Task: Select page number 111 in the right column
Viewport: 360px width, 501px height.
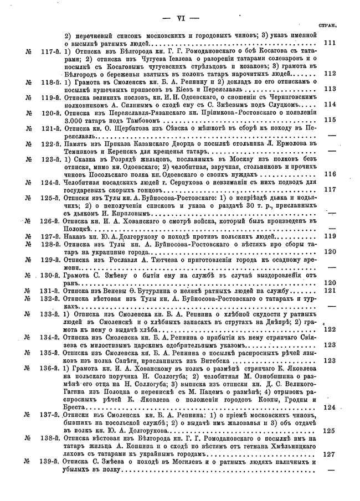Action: (x=330, y=43)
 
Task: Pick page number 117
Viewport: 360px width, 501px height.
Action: (x=330, y=190)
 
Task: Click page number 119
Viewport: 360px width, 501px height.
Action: (x=330, y=236)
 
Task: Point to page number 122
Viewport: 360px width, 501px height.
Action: (x=330, y=329)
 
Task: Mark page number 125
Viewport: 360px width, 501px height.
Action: (x=330, y=429)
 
